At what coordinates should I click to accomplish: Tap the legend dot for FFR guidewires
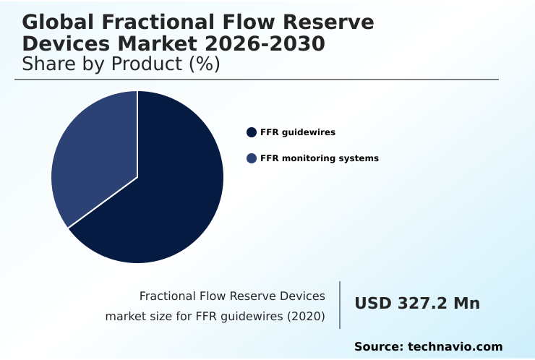click(x=252, y=132)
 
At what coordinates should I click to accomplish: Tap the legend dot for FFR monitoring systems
click(x=252, y=158)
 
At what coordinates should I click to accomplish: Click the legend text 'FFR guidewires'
click(x=297, y=132)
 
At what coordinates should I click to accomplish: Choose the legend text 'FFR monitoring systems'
click(x=319, y=158)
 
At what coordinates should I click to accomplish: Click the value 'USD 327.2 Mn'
click(x=416, y=304)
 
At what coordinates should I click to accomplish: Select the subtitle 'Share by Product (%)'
click(x=121, y=64)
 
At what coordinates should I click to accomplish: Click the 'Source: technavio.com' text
click(x=428, y=347)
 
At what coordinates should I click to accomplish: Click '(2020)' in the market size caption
click(x=304, y=317)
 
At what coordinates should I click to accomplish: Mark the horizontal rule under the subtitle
click(x=257, y=80)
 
